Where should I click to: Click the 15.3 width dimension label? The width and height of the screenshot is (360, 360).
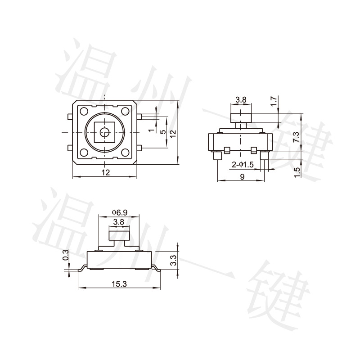pos(119,284)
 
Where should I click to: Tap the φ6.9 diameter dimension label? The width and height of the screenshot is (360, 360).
pos(120,212)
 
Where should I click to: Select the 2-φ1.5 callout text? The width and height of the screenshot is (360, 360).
pos(243,165)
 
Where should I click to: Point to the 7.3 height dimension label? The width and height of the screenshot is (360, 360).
pos(297,137)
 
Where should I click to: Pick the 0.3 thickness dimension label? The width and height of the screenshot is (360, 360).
pos(66,255)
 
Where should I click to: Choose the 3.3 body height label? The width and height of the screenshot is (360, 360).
pos(174,261)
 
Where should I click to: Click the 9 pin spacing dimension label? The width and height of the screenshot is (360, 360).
pos(242,176)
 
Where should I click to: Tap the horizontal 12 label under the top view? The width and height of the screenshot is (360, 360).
pos(106,172)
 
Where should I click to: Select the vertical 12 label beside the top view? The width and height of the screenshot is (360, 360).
pos(173,134)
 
